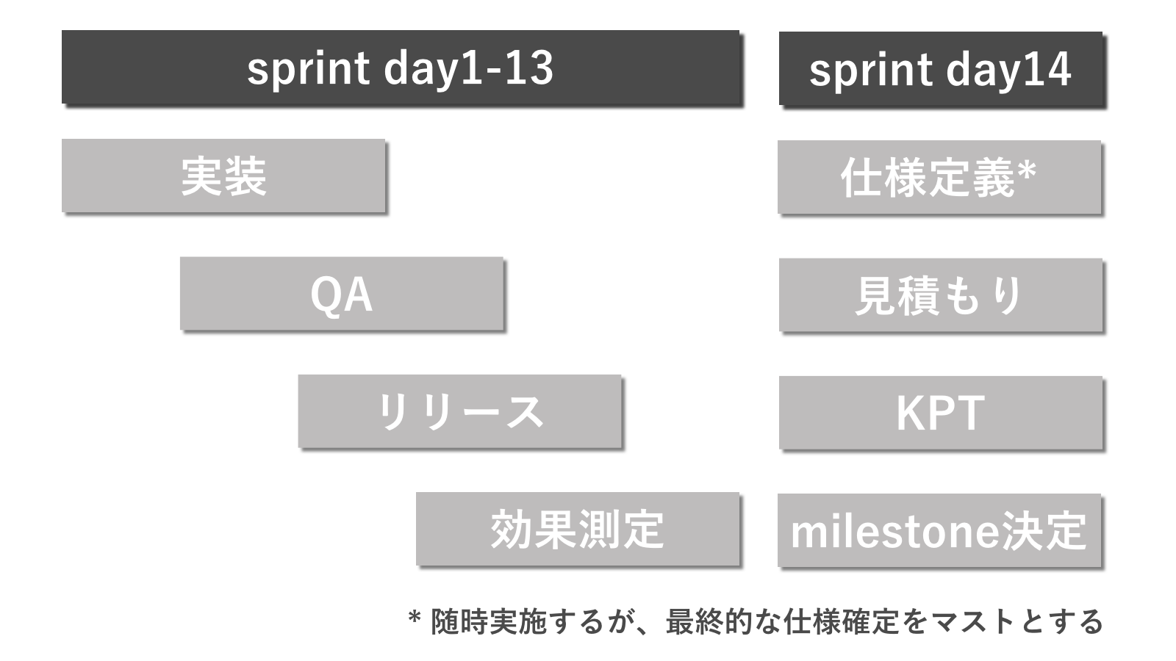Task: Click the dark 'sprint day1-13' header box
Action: click(401, 67)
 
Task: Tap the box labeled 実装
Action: click(223, 176)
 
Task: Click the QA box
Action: click(342, 294)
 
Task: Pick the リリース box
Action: click(460, 411)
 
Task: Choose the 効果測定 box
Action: click(578, 529)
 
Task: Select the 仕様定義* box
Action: click(939, 177)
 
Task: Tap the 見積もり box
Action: click(940, 295)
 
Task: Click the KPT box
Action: click(940, 413)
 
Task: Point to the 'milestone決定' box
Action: click(939, 530)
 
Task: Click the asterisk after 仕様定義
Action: click(1026, 170)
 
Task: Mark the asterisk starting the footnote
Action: click(415, 616)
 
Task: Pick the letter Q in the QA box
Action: click(326, 296)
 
